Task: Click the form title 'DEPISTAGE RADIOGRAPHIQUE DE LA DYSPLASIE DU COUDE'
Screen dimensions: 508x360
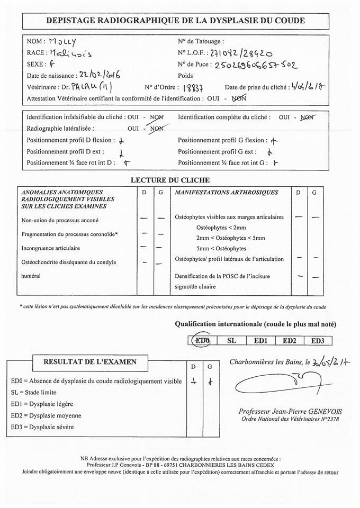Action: [176, 21]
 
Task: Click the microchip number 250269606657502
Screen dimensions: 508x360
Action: [256, 65]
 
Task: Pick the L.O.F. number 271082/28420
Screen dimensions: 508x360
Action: [241, 53]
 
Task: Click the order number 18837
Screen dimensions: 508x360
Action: [195, 88]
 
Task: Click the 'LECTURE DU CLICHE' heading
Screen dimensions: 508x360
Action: [170, 180]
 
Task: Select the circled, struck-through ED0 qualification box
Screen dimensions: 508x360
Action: [202, 341]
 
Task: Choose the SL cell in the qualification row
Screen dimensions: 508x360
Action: [231, 341]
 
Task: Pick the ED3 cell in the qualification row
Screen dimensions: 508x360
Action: [321, 341]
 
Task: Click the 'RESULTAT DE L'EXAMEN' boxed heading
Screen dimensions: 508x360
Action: [98, 362]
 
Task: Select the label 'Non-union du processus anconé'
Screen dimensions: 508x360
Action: [60, 220]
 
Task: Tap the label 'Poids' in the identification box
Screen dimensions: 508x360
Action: [185, 76]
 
